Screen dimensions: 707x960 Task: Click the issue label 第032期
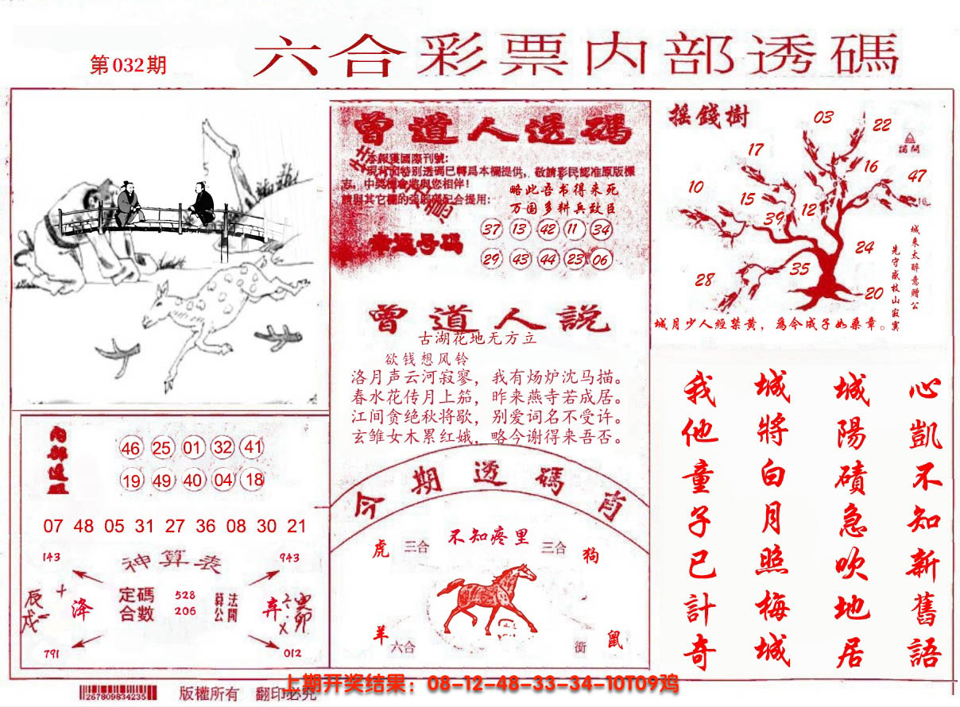click(x=128, y=65)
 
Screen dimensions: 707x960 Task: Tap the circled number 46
click(x=131, y=449)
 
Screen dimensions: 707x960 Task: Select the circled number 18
click(x=254, y=480)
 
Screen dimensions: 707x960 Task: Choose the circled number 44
click(x=548, y=260)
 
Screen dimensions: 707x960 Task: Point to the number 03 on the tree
click(x=823, y=118)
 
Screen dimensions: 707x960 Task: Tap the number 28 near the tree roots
click(x=704, y=280)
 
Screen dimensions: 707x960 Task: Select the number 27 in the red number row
click(x=175, y=526)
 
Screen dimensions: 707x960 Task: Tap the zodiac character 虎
click(x=381, y=548)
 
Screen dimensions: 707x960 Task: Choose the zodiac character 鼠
click(x=615, y=639)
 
